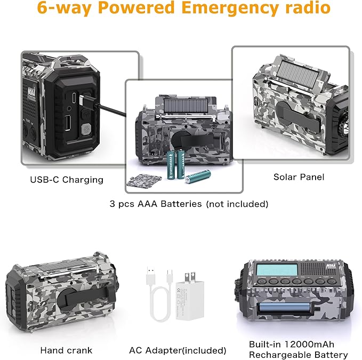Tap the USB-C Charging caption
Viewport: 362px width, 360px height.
(67, 179)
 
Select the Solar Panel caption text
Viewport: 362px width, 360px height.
(299, 177)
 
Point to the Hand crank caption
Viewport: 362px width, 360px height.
(66, 350)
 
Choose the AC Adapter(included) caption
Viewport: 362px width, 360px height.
(178, 350)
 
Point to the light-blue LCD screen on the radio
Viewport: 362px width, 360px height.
(279, 270)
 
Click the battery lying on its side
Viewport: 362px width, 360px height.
(198, 177)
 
